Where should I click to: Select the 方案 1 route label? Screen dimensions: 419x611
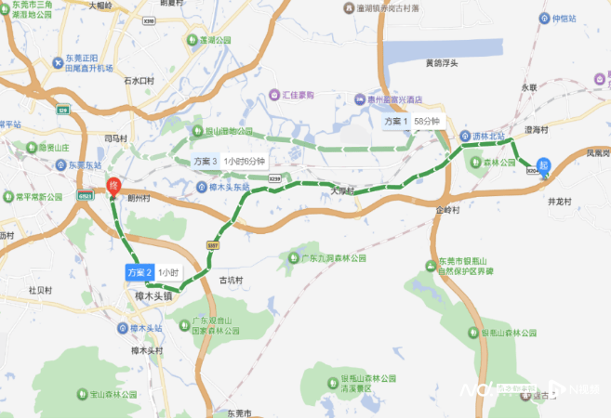tap(397, 122)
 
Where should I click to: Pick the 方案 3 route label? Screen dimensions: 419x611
tap(206, 161)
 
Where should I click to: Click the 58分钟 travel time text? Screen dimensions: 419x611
tap(428, 122)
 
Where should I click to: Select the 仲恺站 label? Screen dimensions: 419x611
tap(565, 18)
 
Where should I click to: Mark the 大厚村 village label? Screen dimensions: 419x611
tap(342, 190)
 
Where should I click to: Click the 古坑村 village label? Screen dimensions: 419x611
tap(230, 279)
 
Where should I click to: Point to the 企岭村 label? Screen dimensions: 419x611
tap(447, 211)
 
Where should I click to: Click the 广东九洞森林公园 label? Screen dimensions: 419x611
tap(333, 257)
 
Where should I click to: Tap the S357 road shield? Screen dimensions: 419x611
tap(212, 244)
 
